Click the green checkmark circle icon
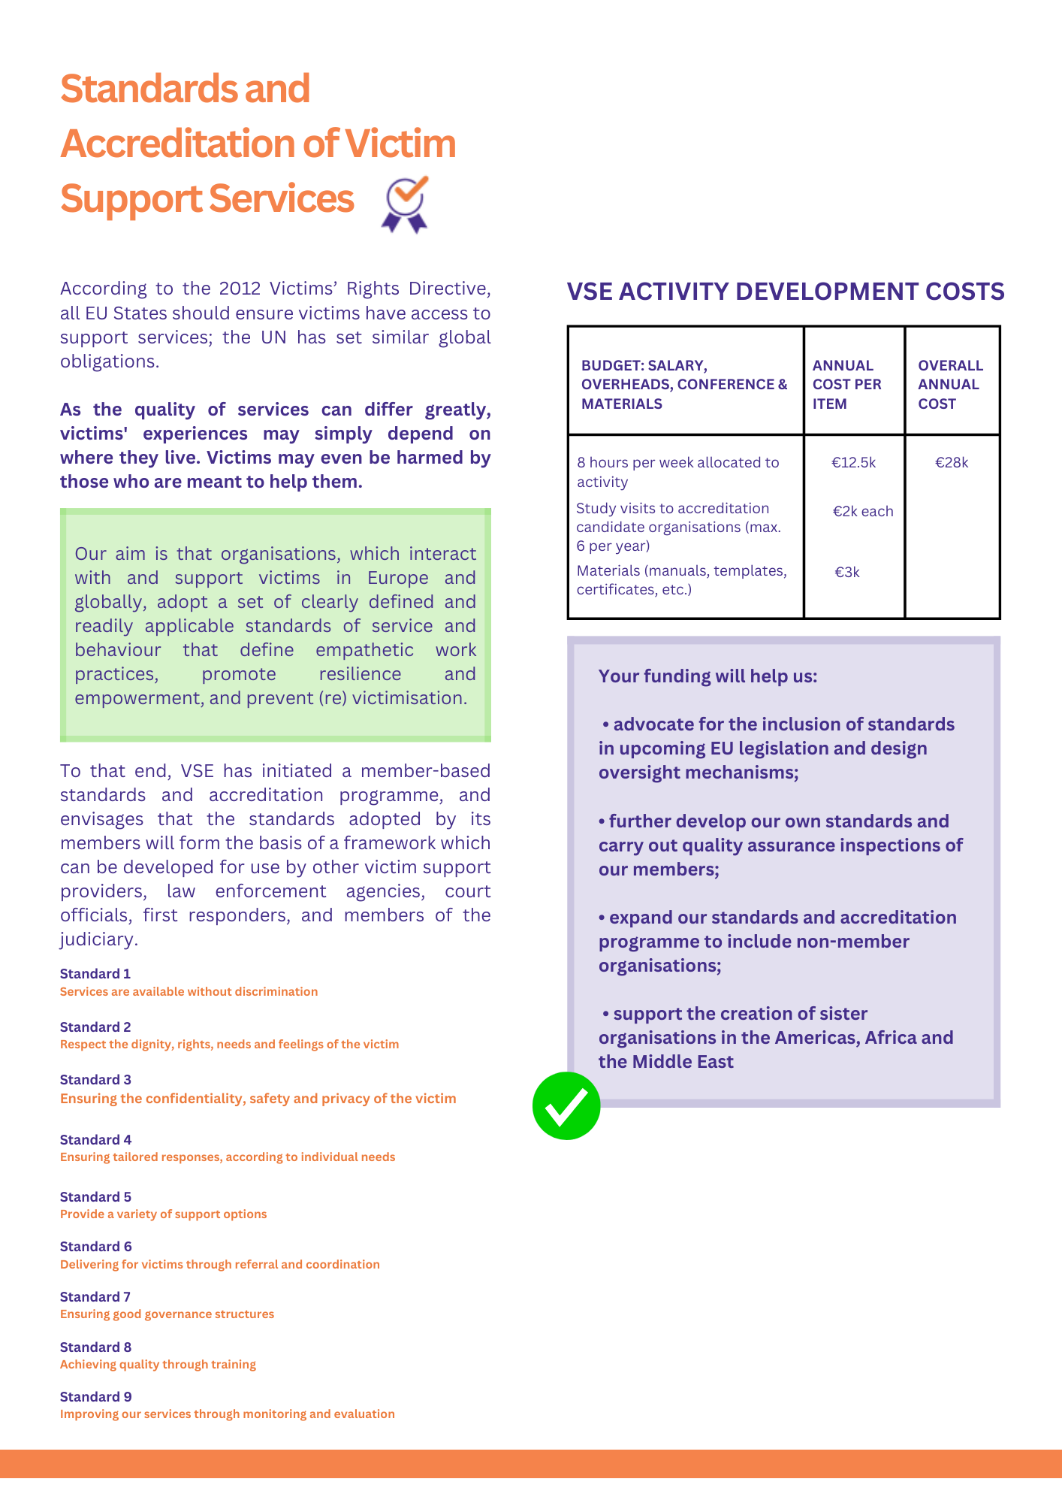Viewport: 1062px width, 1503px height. pyautogui.click(x=566, y=1105)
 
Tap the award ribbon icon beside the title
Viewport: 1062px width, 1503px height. pyautogui.click(x=406, y=204)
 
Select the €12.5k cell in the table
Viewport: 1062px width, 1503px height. pyautogui.click(x=853, y=463)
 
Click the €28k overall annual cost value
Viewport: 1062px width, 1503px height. pyautogui.click(x=952, y=463)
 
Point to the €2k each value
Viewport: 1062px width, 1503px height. pyautogui.click(x=862, y=512)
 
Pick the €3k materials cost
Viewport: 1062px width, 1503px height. pyautogui.click(x=847, y=573)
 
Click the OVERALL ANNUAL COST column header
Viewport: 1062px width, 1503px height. pyautogui.click(x=950, y=385)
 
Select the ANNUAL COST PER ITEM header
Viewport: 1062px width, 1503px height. pyautogui.click(x=846, y=385)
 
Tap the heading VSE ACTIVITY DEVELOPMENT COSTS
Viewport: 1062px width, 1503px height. pyautogui.click(x=785, y=292)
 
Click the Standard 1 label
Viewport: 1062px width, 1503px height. pyautogui.click(x=95, y=974)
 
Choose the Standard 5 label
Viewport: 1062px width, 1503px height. pyautogui.click(x=95, y=1197)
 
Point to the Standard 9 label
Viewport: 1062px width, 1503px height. pyautogui.click(x=95, y=1397)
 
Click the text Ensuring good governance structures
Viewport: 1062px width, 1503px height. pyautogui.click(x=167, y=1314)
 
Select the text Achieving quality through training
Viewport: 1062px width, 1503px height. pyautogui.click(x=158, y=1365)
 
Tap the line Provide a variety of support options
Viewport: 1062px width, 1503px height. pyautogui.click(x=163, y=1214)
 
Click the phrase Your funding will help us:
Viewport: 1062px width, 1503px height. pyautogui.click(x=707, y=676)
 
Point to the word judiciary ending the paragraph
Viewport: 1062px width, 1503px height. pyautogui.click(x=97, y=939)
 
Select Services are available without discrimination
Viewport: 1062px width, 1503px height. pyautogui.click(x=189, y=992)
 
